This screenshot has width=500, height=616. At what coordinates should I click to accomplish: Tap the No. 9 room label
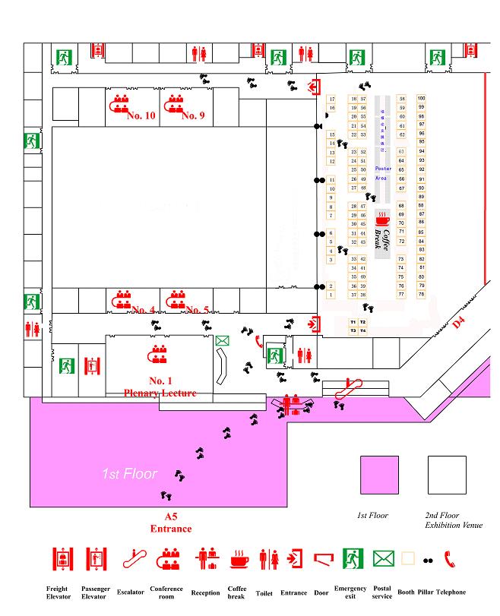[x=193, y=115]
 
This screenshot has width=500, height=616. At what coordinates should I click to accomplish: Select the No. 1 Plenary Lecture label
[x=160, y=387]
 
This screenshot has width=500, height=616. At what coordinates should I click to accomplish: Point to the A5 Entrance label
[x=170, y=523]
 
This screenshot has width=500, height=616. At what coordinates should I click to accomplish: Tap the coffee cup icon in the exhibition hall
[x=382, y=220]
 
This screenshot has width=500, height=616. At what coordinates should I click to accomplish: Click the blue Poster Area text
[x=382, y=173]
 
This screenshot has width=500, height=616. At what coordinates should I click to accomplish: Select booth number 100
[x=421, y=98]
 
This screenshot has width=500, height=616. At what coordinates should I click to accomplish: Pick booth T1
[x=353, y=322]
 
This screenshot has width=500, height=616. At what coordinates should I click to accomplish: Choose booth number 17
[x=332, y=99]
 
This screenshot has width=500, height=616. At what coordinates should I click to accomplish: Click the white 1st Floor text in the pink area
[x=129, y=474]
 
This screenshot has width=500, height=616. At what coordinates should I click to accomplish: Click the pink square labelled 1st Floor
[x=378, y=475]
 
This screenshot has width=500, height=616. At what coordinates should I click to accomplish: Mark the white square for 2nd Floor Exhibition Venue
[x=447, y=475]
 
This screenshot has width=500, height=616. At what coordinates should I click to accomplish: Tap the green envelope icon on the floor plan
[x=222, y=342]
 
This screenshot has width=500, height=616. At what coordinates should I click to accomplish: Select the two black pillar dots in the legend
[x=428, y=561]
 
